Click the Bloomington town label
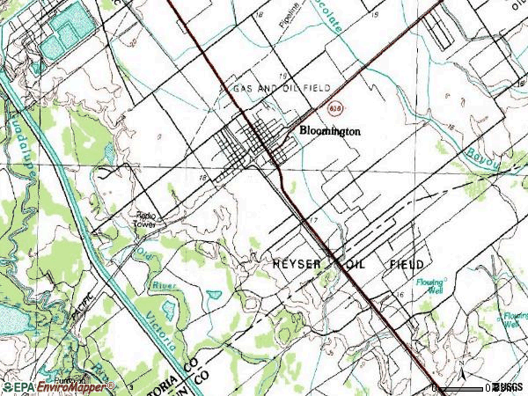coord(330,128)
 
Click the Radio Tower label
coord(145,219)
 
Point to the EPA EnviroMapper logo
coord(57,386)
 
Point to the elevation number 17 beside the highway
coord(313,219)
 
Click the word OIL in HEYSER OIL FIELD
coord(356,264)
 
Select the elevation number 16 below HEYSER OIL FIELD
coord(400,297)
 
